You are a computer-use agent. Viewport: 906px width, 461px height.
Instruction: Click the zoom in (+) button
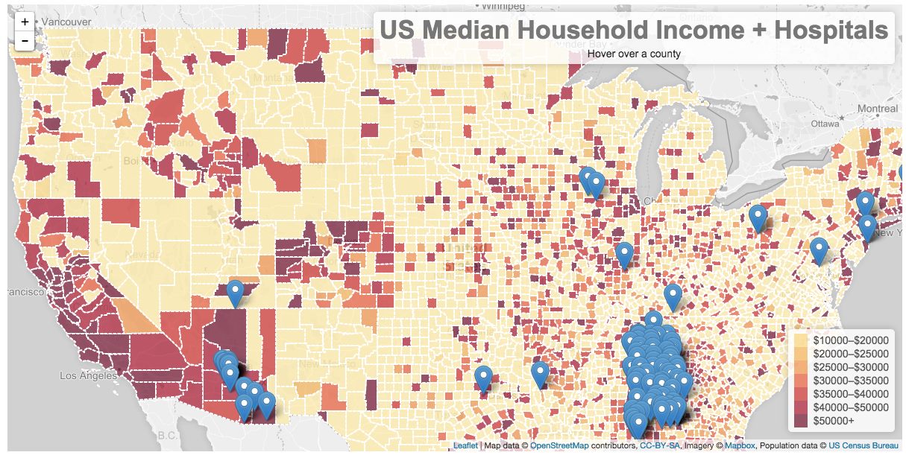(x=25, y=22)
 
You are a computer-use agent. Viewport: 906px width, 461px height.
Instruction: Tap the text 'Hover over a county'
(x=634, y=54)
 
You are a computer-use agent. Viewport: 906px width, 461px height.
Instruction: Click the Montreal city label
(x=878, y=109)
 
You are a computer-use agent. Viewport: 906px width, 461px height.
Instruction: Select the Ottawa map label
(x=825, y=124)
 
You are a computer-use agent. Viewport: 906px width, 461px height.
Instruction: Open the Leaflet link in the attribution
(x=465, y=445)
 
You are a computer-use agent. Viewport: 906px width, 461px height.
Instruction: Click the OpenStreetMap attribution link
(x=559, y=445)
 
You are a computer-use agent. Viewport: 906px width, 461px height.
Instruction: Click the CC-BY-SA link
(x=660, y=445)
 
